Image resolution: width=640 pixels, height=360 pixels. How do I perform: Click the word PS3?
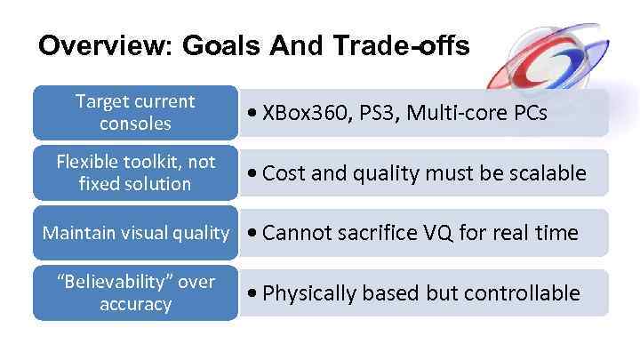pyautogui.click(x=368, y=114)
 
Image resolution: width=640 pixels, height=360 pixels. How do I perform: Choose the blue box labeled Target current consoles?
pyautogui.click(x=135, y=112)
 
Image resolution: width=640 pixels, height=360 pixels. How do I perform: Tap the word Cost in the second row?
pyautogui.click(x=283, y=172)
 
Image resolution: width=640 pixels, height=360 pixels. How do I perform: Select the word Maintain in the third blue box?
pyautogui.click(x=77, y=233)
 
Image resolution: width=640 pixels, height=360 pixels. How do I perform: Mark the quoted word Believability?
pyautogui.click(x=115, y=282)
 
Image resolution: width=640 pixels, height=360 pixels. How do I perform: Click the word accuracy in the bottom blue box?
pyautogui.click(x=135, y=304)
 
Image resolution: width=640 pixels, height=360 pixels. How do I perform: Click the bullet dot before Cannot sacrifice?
pyautogui.click(x=254, y=234)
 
